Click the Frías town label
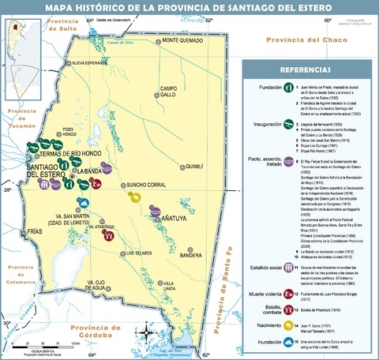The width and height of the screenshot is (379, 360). pyautogui.click(x=36, y=231)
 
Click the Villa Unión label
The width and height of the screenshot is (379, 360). pyautogui.click(x=168, y=287)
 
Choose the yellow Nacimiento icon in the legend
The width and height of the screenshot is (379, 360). pyautogui.click(x=289, y=325)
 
